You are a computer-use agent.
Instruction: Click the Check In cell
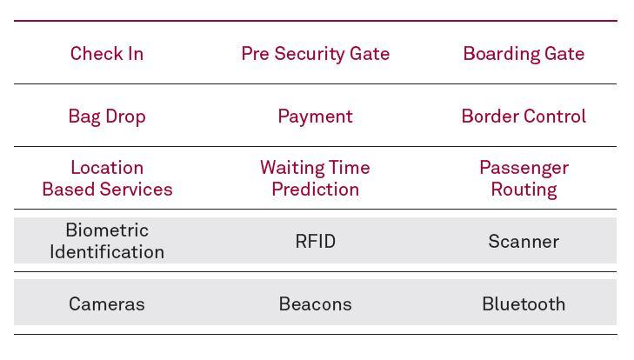(107, 53)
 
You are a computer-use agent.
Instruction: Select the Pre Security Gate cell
(316, 54)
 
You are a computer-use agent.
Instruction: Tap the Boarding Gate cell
(524, 54)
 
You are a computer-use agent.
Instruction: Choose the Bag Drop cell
(107, 117)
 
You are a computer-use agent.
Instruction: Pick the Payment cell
(316, 117)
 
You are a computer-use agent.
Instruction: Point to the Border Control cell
(524, 117)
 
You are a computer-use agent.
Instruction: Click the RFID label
(316, 242)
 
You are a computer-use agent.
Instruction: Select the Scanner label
(524, 242)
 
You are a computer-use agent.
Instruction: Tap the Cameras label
(107, 304)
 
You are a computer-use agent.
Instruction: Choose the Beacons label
(316, 304)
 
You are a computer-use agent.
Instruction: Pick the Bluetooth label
(524, 304)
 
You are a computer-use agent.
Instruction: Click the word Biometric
(107, 230)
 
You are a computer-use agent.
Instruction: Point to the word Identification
(107, 252)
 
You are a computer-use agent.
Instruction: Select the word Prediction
(316, 190)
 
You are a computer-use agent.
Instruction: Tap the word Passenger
(524, 169)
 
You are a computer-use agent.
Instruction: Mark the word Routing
(524, 190)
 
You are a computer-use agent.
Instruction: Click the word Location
(107, 168)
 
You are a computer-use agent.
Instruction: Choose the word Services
(137, 190)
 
